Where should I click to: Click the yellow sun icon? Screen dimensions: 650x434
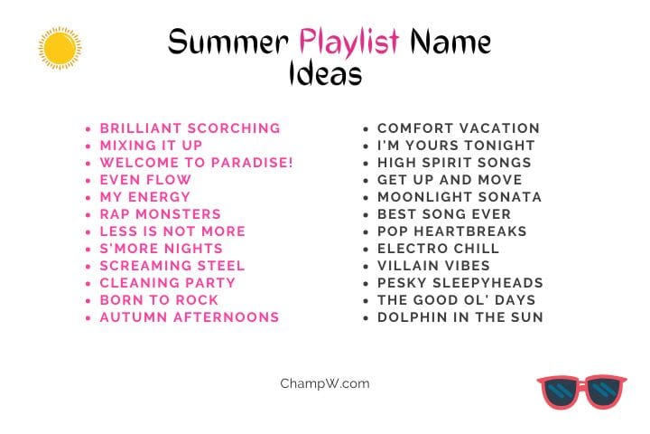pyautogui.click(x=60, y=48)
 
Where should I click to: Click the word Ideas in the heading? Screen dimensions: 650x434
pyautogui.click(x=325, y=73)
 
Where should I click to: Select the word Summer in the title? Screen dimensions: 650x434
pyautogui.click(x=228, y=42)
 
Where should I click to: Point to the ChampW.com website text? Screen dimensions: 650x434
pyautogui.click(x=325, y=383)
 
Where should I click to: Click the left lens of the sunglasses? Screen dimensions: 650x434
pyautogui.click(x=562, y=392)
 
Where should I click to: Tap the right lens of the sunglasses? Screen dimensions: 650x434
pyautogui.click(x=604, y=392)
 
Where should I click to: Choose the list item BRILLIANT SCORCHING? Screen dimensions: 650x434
pyautogui.click(x=190, y=128)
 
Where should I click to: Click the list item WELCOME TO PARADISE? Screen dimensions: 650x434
pyautogui.click(x=197, y=163)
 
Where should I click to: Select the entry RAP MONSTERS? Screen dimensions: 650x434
pyautogui.click(x=161, y=214)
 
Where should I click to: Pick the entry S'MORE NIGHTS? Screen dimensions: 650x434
pyautogui.click(x=162, y=249)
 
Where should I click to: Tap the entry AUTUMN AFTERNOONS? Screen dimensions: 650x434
pyautogui.click(x=190, y=317)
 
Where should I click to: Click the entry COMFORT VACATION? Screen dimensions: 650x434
pyautogui.click(x=459, y=128)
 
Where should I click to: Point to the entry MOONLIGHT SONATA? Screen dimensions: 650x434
pyautogui.click(x=460, y=197)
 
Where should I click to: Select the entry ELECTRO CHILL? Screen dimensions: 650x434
pyautogui.click(x=438, y=249)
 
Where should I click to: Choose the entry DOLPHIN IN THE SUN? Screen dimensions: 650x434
pyautogui.click(x=460, y=317)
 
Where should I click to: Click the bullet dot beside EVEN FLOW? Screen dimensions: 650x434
pyautogui.click(x=88, y=181)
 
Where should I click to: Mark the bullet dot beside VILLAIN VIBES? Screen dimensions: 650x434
pyautogui.click(x=366, y=267)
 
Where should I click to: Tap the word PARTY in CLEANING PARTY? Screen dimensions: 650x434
pyautogui.click(x=210, y=283)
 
